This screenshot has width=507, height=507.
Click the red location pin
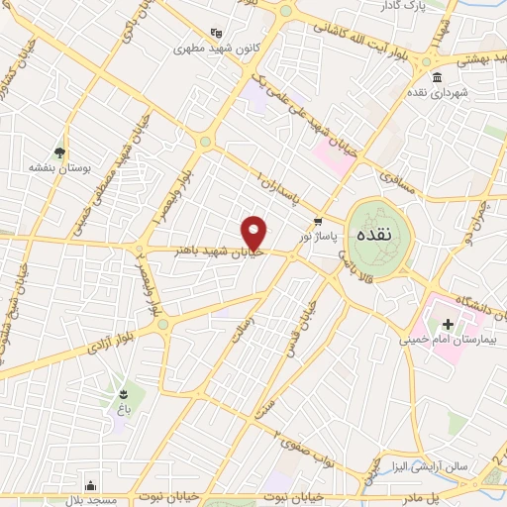[254, 232]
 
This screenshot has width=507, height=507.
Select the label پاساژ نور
[320, 239]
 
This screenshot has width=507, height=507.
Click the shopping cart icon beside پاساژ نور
[317, 222]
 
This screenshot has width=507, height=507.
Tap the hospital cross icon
[447, 324]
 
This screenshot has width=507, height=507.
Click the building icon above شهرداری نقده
[437, 77]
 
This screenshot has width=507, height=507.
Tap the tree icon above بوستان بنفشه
[60, 153]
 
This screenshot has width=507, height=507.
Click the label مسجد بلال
[92, 499]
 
